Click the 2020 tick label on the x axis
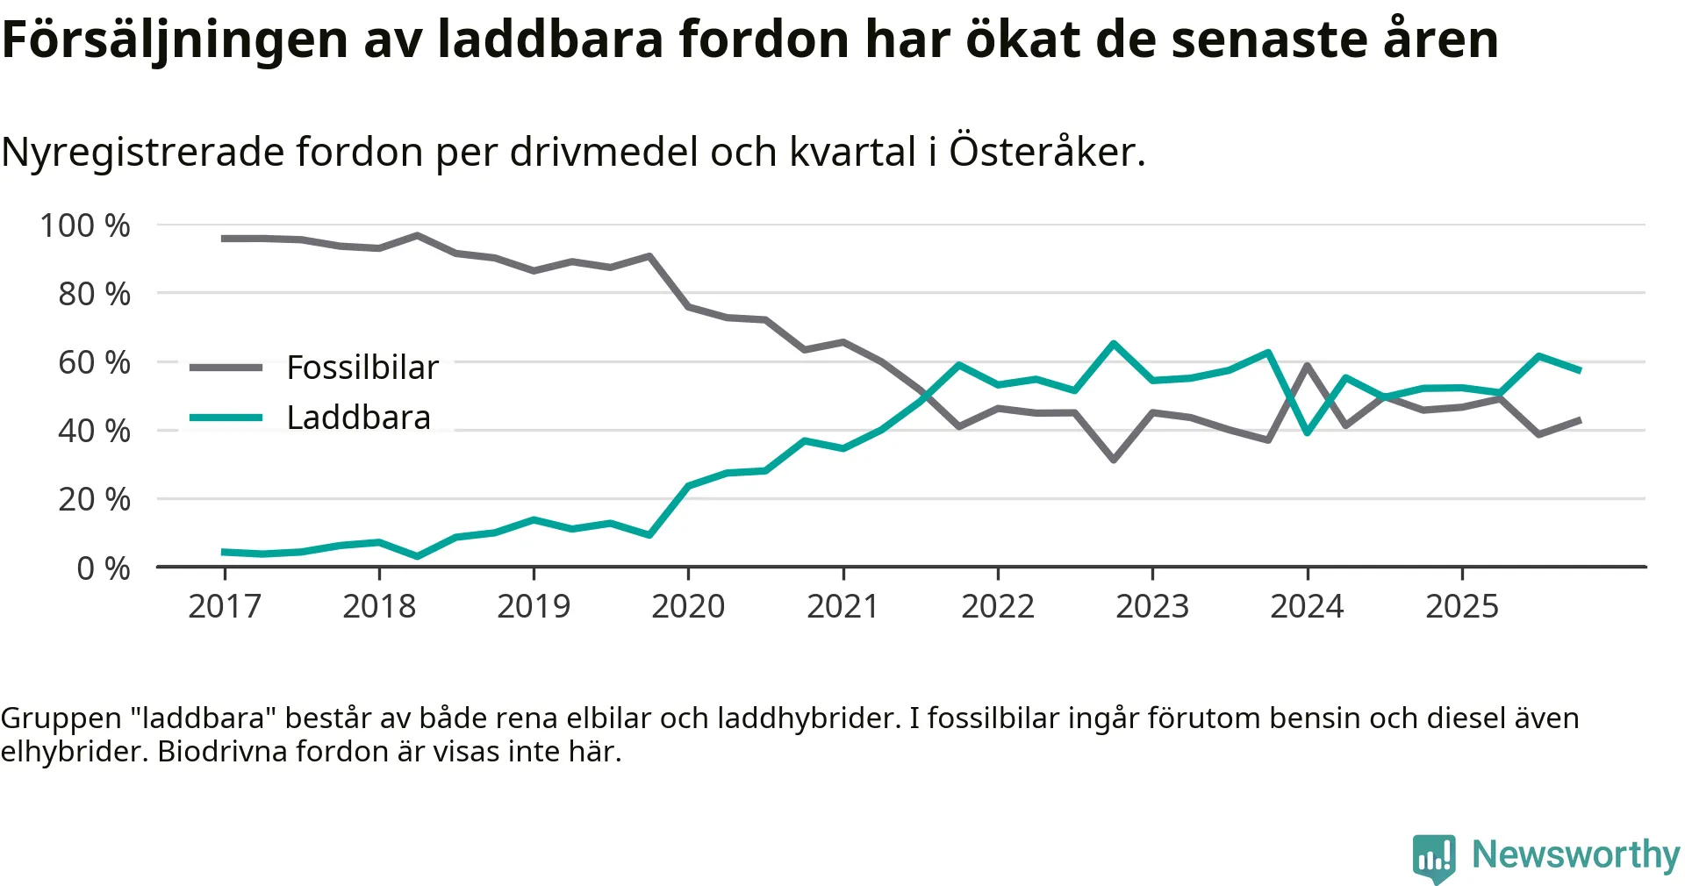pyautogui.click(x=688, y=606)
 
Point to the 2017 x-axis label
pyautogui.click(x=225, y=606)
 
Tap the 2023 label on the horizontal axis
pyautogui.click(x=1152, y=606)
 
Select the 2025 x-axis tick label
pyautogui.click(x=1462, y=606)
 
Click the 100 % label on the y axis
pyautogui.click(x=85, y=225)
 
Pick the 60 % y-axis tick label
pyautogui.click(x=94, y=362)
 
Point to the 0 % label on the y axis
pyautogui.click(x=104, y=568)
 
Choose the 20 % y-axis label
pyautogui.click(x=94, y=499)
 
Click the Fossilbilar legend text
pyautogui.click(x=362, y=368)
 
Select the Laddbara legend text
pyautogui.click(x=359, y=418)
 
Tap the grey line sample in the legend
pyautogui.click(x=226, y=368)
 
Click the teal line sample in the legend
pyautogui.click(x=226, y=418)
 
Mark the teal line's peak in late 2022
pyautogui.click(x=1114, y=343)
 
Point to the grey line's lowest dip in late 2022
pyautogui.click(x=1114, y=460)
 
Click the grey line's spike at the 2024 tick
pyautogui.click(x=1308, y=365)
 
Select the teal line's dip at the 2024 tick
pyautogui.click(x=1308, y=432)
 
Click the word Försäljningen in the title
pyautogui.click(x=175, y=40)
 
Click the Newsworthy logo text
pyautogui.click(x=1575, y=854)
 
